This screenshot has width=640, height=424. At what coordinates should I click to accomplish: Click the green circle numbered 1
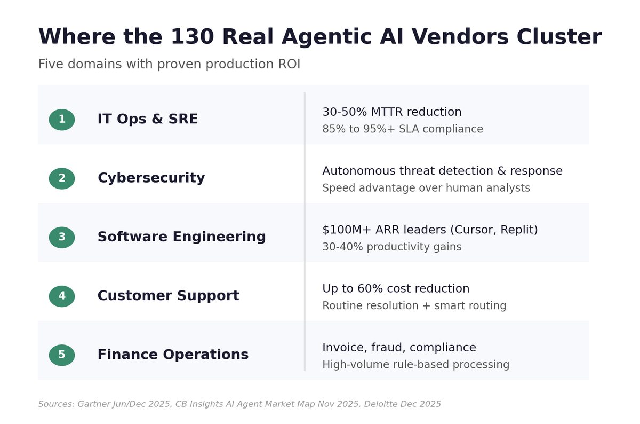[62, 120]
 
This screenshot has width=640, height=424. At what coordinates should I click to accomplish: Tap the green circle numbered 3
[62, 238]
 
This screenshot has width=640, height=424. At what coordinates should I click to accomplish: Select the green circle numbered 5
[62, 355]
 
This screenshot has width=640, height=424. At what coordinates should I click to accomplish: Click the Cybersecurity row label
[151, 178]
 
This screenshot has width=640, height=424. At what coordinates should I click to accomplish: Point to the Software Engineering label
[181, 237]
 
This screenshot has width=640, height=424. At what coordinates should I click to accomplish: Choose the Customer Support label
[168, 296]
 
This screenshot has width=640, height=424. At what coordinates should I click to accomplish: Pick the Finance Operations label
[173, 355]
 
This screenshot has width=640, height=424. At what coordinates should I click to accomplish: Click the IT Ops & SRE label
[147, 120]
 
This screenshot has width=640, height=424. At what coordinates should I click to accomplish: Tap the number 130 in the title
[193, 37]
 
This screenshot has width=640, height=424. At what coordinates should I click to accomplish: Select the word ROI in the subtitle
[288, 65]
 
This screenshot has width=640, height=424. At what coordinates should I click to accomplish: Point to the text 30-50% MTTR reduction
[392, 112]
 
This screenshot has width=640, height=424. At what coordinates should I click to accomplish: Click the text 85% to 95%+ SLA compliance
[403, 129]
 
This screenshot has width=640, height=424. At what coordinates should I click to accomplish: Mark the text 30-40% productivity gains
[392, 247]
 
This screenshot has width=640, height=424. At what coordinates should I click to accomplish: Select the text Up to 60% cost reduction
[396, 289]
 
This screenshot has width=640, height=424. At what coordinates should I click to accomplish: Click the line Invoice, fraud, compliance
[399, 348]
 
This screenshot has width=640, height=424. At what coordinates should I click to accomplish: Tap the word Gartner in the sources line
[93, 404]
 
